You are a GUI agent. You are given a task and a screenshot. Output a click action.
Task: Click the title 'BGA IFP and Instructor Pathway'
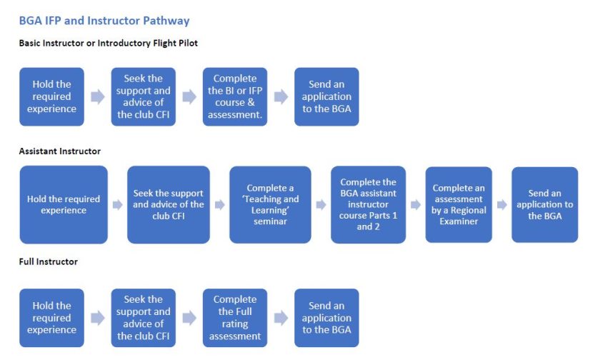pos(104,21)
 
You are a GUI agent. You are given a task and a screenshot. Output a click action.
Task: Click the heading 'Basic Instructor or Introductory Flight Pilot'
pos(108,44)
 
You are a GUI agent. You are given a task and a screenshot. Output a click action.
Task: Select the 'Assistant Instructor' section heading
pos(59,151)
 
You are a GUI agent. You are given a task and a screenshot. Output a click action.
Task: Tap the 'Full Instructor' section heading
pos(48,262)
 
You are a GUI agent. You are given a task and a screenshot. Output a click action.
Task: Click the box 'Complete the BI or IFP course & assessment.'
pos(234,96)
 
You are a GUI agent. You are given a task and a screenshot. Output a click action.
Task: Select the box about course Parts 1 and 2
pos(368,205)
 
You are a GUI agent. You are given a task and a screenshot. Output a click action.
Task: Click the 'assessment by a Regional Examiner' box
pos(459,205)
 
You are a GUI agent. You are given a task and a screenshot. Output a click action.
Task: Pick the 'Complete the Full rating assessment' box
pos(234,318)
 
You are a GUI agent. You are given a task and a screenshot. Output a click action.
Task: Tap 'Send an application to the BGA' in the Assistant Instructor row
pos(544,205)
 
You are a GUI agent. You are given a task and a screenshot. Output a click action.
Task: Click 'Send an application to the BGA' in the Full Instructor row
pos(327,318)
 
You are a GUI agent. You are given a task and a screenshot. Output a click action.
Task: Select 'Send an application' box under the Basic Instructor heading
pos(327,96)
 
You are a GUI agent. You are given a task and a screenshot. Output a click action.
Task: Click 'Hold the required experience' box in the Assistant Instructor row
pos(64,205)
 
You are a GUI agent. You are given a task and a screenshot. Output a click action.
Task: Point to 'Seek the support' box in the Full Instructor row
pos(143,318)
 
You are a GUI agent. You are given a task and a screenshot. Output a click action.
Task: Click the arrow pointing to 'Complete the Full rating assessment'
pos(189,318)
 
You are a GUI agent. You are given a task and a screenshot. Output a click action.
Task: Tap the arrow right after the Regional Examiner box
pos(502,205)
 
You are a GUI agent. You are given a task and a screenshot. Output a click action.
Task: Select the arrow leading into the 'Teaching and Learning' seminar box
pos(219,205)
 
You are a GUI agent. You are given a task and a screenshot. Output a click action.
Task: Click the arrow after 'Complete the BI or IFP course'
pos(281,96)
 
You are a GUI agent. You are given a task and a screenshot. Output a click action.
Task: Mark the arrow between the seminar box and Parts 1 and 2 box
pos(322,205)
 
